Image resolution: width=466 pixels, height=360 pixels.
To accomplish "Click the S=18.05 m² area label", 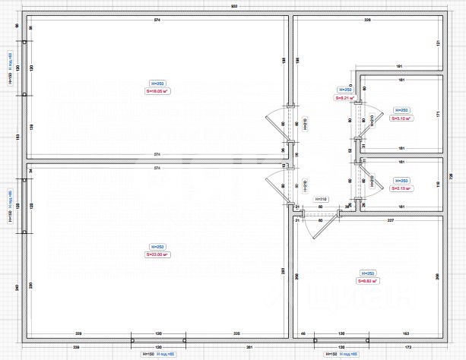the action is [157, 91].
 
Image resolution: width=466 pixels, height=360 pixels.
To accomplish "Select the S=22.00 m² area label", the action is [157, 255].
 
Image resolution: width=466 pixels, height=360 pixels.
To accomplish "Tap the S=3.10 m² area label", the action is [401, 119].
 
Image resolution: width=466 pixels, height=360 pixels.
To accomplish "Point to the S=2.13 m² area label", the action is [401, 188].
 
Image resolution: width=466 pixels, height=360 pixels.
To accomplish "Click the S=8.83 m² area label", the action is [368, 281].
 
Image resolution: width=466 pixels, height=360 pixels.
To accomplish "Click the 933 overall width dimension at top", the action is [233, 7].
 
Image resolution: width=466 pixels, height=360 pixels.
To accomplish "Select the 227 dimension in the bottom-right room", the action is [390, 220].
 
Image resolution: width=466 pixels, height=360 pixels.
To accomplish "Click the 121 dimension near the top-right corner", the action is [439, 43].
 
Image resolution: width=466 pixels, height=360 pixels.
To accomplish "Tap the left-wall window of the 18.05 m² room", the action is [25, 68].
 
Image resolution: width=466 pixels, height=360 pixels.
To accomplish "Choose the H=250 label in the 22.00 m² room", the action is [157, 247].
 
